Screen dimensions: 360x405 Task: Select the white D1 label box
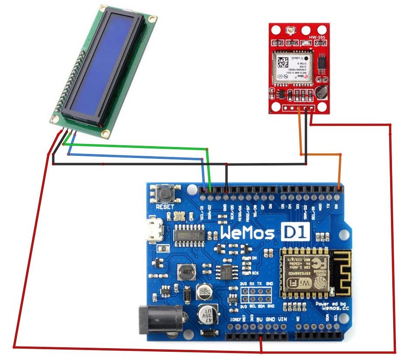tap(294, 232)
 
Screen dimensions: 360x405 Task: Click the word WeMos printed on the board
tap(249, 232)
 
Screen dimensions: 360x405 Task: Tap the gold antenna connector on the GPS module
tap(292, 30)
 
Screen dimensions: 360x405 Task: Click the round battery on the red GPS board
tap(323, 93)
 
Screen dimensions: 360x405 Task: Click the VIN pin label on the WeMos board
tap(282, 319)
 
